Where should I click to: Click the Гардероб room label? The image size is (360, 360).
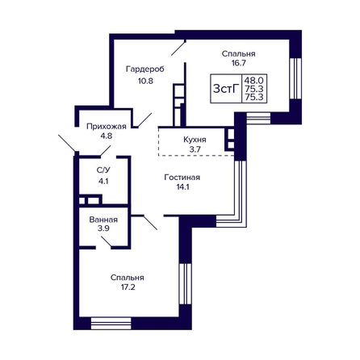[x=145, y=69]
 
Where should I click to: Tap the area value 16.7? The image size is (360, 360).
[x=239, y=63]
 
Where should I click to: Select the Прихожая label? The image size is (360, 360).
[x=107, y=127]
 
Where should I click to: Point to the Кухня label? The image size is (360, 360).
[x=195, y=140]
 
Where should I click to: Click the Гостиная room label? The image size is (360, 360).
[x=182, y=178]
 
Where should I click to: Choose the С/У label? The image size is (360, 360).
[x=103, y=170]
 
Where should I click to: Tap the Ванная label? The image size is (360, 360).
[x=103, y=220]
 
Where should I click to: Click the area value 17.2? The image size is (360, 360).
[x=128, y=287]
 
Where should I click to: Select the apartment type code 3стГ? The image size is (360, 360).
[x=226, y=88]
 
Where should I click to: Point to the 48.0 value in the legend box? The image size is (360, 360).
[x=254, y=80]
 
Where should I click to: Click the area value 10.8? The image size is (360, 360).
[x=145, y=81]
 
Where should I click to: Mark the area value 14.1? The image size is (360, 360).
[x=182, y=186]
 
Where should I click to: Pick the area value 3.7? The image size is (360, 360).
[x=195, y=149]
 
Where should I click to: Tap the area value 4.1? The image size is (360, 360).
[x=103, y=182]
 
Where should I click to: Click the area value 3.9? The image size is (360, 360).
[x=103, y=228]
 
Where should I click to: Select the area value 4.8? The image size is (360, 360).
[x=107, y=136]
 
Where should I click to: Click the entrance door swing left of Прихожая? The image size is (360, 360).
[x=67, y=143]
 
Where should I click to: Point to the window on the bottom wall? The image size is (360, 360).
[x=111, y=324]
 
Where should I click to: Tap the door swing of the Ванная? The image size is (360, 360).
[x=107, y=241]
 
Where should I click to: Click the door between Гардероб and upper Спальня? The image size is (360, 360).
[x=178, y=48]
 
